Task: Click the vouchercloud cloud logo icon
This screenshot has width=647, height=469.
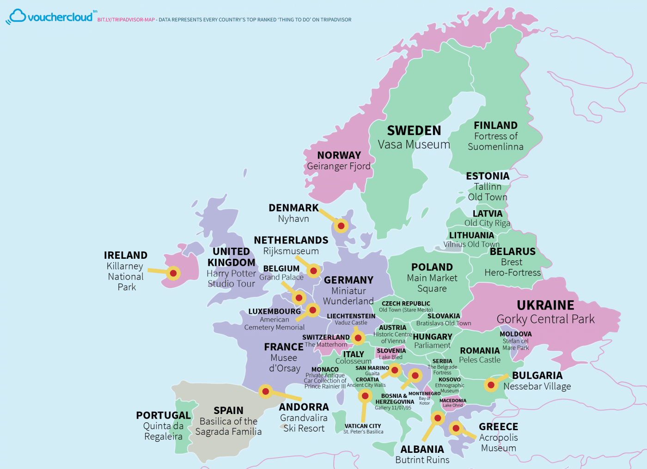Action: [17, 16]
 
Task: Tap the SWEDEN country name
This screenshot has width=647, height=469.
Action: [414, 131]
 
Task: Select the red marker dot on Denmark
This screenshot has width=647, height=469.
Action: [341, 225]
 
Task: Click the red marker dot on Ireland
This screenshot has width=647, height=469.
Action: [173, 273]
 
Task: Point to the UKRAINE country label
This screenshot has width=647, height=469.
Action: [545, 305]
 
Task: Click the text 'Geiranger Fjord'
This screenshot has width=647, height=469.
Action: [339, 166]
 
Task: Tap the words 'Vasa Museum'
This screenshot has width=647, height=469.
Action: [414, 145]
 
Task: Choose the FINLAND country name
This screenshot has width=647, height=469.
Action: [495, 125]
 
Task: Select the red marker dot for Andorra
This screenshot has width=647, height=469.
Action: [265, 391]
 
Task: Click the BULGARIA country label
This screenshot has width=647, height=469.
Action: [537, 376]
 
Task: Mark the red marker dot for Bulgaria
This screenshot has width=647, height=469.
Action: [491, 384]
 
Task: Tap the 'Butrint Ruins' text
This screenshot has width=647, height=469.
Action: [422, 460]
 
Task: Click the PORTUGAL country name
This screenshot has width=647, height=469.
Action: [163, 415]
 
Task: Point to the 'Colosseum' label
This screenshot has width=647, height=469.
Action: [353, 361]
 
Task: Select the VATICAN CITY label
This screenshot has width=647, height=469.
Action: [363, 426]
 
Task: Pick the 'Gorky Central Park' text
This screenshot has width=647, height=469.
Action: [545, 319]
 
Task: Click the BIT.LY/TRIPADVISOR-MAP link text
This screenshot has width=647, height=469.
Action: [126, 20]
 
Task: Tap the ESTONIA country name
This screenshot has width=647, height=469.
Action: [488, 176]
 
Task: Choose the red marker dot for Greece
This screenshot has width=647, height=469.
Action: [456, 428]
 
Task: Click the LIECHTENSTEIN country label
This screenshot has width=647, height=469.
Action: [351, 316]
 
